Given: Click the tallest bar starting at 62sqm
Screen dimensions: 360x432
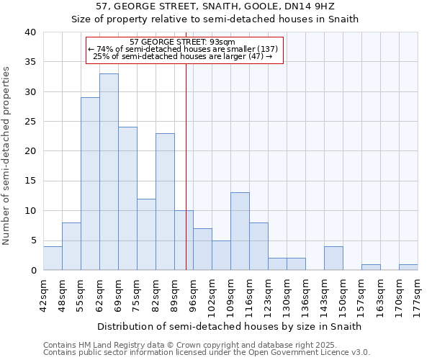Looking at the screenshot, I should pos(109,172).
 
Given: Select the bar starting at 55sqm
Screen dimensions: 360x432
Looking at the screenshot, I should pos(90,184).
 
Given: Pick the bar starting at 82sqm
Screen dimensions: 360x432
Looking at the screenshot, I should pos(165,202).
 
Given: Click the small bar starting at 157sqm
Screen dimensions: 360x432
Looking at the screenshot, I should pos(371,267).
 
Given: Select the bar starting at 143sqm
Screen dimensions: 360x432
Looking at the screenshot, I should pos(333,258).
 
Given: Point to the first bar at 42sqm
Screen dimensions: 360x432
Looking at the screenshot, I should pos(53,258).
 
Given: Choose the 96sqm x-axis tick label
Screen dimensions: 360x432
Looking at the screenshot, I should pos(193,294).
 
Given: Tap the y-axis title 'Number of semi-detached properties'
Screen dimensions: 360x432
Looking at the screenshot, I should pos(6,156).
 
